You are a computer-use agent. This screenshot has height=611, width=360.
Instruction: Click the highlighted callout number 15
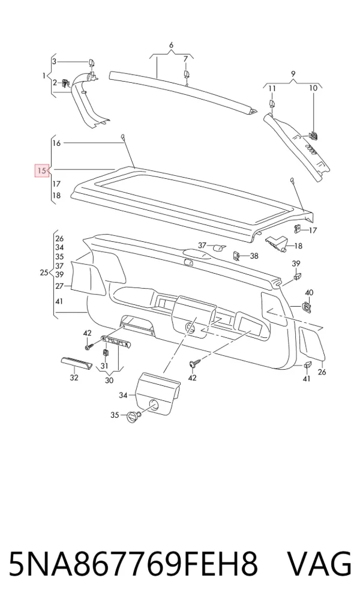point(41,170)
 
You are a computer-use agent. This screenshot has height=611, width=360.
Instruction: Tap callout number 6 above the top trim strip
point(171,45)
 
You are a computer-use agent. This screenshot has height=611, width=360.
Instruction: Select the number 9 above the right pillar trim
point(293,74)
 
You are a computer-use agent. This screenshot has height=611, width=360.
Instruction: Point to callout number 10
point(313,88)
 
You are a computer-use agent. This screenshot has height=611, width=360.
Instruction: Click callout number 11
point(272,88)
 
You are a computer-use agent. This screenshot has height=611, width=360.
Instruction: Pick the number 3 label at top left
point(54,61)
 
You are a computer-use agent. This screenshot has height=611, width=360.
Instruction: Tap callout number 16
point(56,143)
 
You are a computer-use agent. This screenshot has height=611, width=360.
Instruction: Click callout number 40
point(308,293)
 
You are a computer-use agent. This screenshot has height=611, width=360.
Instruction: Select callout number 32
point(74,378)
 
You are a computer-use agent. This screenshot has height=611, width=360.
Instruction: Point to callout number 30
point(109,380)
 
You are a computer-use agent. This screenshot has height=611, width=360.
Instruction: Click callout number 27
point(59,286)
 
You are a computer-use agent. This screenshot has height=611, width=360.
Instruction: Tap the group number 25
point(44,272)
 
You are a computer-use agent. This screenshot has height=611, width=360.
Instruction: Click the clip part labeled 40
point(307,308)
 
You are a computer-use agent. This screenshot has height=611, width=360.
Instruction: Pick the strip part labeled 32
point(76,363)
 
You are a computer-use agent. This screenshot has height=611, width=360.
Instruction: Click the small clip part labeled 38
point(236,256)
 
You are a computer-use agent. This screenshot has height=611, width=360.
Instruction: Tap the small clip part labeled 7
point(187,75)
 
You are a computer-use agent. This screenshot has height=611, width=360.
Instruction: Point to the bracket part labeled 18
point(277,242)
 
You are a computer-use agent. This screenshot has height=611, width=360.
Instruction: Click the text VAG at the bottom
point(319,564)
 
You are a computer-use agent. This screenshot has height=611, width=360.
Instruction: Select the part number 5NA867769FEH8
point(133,564)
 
